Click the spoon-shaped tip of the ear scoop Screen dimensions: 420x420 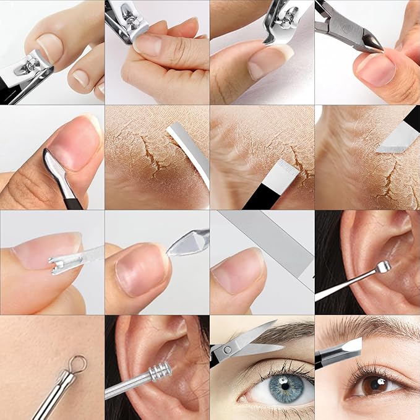(x=384, y=267)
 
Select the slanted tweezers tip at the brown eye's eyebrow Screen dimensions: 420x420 (x=352, y=346)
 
